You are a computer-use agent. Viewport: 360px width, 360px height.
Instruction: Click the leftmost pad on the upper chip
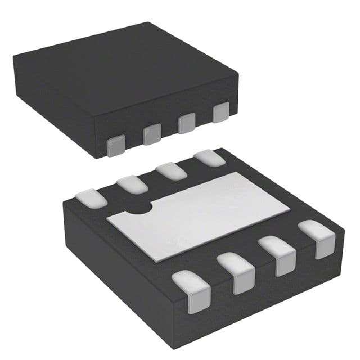(115, 146)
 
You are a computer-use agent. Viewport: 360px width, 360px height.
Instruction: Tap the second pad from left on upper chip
(151, 134)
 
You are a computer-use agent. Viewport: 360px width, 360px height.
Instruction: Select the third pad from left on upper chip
(187, 123)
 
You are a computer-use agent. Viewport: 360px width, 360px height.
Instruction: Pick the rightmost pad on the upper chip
(222, 112)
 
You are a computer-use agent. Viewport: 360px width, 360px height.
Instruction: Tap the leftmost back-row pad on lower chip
(89, 197)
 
